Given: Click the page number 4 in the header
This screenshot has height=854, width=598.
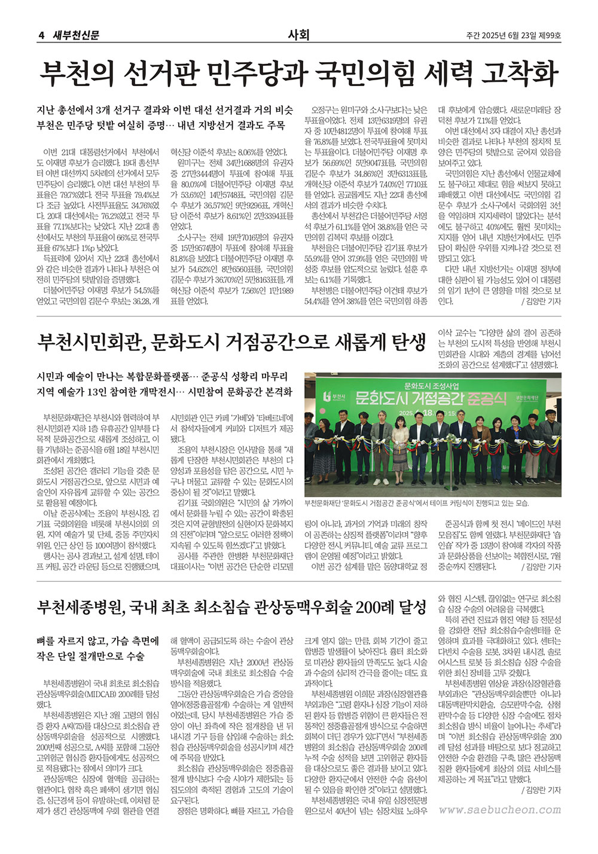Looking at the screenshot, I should [x=41, y=35].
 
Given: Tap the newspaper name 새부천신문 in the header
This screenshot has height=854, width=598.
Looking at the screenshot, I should [x=77, y=35].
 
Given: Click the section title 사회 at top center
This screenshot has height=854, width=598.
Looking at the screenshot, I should [x=298, y=35].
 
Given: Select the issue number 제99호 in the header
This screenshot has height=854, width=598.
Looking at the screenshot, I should [x=550, y=36].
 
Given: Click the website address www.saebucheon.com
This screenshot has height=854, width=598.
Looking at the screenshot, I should [x=499, y=810].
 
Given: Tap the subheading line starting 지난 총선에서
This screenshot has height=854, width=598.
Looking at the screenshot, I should [x=165, y=109].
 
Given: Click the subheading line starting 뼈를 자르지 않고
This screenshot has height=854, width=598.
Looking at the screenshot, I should [x=97, y=641].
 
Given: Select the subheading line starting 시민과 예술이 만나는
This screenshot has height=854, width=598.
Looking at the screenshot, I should [x=162, y=377].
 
